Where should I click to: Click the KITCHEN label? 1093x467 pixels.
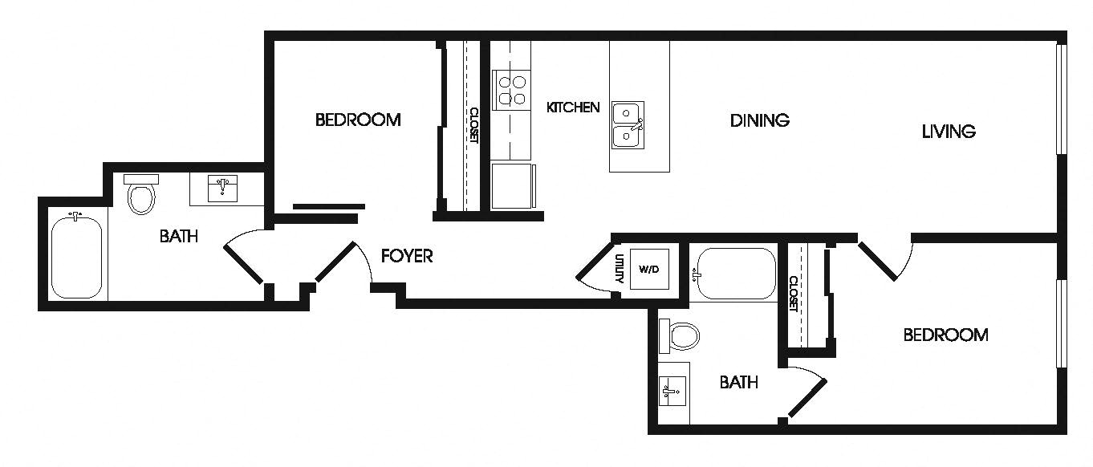pos(573,107)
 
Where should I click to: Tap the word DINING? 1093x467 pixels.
pos(759,120)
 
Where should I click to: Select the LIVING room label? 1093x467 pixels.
pos(948,131)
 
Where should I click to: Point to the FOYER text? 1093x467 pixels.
pos(407,256)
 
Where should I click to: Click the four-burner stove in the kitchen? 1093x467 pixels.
pos(512,89)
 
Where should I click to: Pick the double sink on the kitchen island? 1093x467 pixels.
pos(628,125)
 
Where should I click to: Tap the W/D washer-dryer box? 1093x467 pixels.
pos(648,270)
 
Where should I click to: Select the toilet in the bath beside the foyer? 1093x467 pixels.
pos(141,194)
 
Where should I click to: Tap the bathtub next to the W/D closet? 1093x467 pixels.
pos(736,274)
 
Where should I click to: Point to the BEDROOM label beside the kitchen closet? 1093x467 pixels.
pos(358,120)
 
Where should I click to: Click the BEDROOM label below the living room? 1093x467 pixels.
pos(945,335)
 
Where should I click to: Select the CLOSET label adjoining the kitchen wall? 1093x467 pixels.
pos(473,126)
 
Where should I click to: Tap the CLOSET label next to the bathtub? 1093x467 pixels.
pos(793,294)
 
